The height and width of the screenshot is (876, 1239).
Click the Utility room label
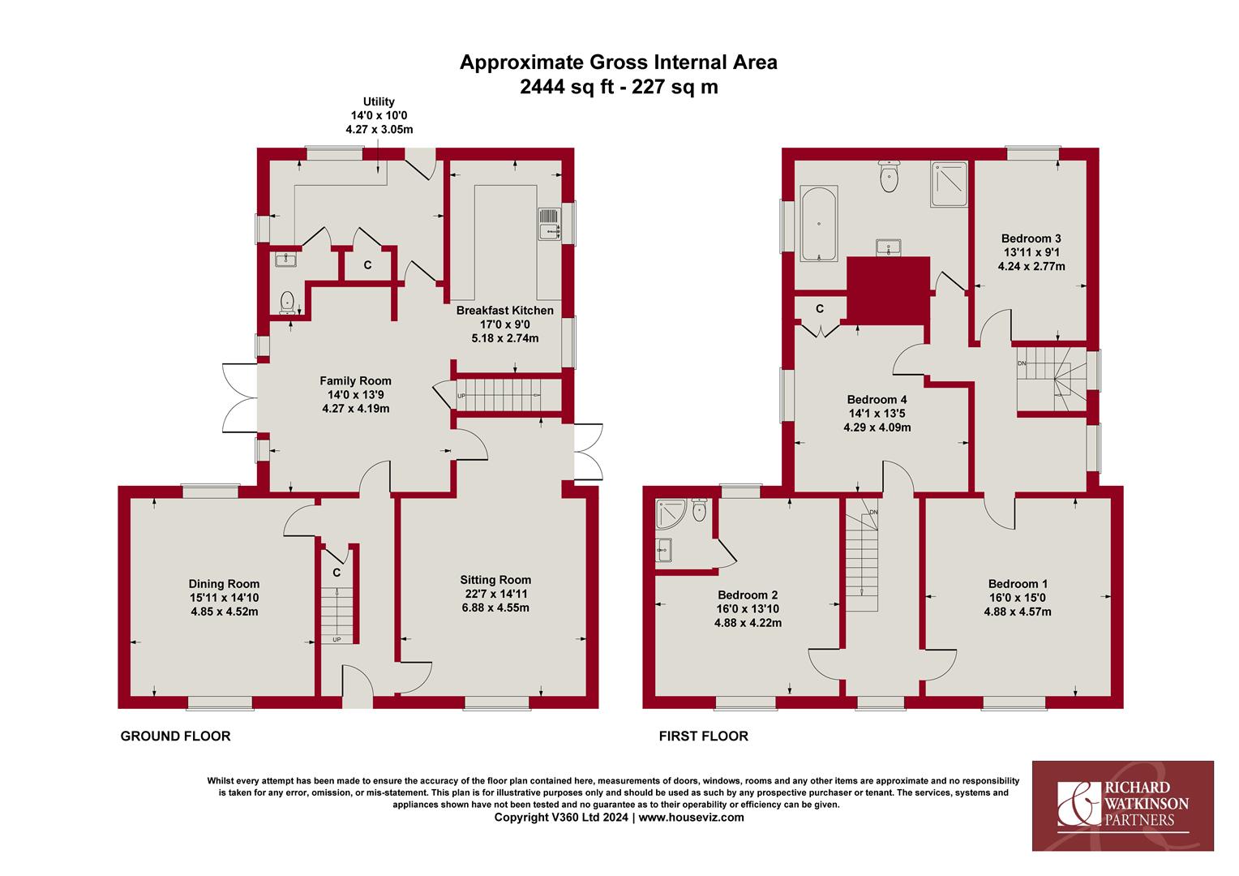379,102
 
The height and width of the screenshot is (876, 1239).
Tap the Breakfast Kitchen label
504,311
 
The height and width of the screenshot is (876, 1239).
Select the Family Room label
355,380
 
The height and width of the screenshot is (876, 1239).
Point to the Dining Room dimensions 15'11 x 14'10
224,598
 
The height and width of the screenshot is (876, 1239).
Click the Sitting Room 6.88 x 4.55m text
495,608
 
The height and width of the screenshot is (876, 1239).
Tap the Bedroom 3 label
1031,238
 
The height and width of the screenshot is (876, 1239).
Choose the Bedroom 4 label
877,400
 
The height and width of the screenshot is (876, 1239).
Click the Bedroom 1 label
1018,584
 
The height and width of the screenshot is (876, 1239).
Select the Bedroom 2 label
748,595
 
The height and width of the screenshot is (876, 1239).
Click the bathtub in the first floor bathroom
819,224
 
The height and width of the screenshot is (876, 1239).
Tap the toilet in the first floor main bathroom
889,177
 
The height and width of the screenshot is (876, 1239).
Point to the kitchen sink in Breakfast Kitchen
549,224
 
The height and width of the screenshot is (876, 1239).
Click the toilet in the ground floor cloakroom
287,303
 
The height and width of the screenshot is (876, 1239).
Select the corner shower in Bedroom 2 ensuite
671,514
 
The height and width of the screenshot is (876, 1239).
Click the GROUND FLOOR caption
175,736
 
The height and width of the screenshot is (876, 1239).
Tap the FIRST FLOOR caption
704,736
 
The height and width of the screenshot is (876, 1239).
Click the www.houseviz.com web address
692,818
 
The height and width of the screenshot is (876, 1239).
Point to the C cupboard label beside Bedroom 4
820,309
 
